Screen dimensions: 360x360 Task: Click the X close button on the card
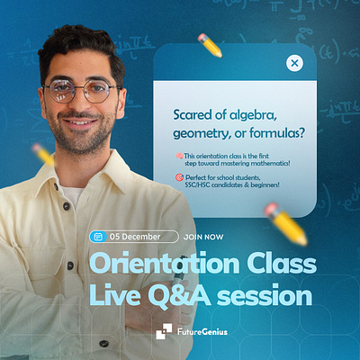(x=294, y=63)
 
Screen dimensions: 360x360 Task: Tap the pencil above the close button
(x=210, y=44)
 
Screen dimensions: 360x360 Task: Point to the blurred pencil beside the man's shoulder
(x=44, y=156)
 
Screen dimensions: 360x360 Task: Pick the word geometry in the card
(x=202, y=132)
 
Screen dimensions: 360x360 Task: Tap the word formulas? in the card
(x=274, y=132)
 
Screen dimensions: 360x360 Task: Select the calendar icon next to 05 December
(x=98, y=236)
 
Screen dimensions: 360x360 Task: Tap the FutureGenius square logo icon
(x=163, y=330)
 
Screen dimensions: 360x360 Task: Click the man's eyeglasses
(x=81, y=90)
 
